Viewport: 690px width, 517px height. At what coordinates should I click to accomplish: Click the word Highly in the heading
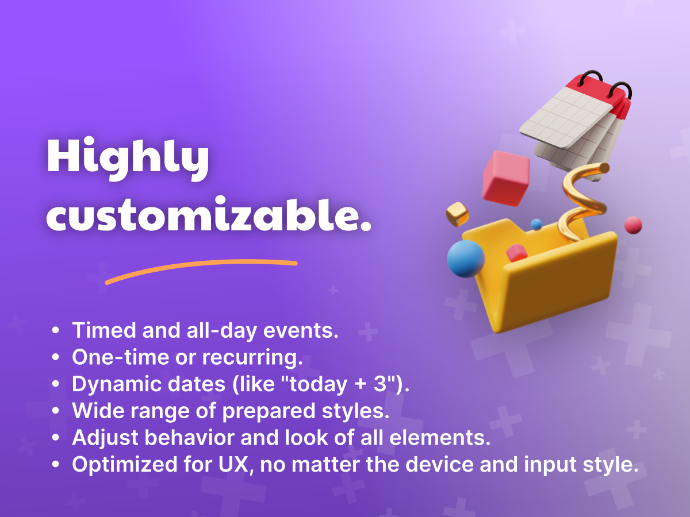pyautogui.click(x=128, y=159)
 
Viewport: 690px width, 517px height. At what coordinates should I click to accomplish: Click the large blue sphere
pyautogui.click(x=466, y=258)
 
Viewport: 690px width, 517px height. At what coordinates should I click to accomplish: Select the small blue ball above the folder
pyautogui.click(x=536, y=225)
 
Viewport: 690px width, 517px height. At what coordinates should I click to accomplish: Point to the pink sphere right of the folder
pyautogui.click(x=633, y=225)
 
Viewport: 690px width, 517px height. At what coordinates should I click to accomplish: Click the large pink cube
pyautogui.click(x=506, y=178)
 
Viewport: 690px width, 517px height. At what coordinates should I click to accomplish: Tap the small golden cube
pyautogui.click(x=457, y=214)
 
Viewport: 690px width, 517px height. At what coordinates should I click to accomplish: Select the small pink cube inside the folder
pyautogui.click(x=516, y=253)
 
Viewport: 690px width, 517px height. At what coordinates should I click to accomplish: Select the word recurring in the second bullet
pyautogui.click(x=250, y=358)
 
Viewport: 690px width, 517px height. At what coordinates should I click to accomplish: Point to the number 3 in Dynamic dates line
pyautogui.click(x=380, y=384)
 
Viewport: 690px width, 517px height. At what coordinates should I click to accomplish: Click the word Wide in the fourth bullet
pyautogui.click(x=98, y=410)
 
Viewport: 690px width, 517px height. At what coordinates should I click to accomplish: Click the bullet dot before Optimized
pyautogui.click(x=56, y=464)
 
